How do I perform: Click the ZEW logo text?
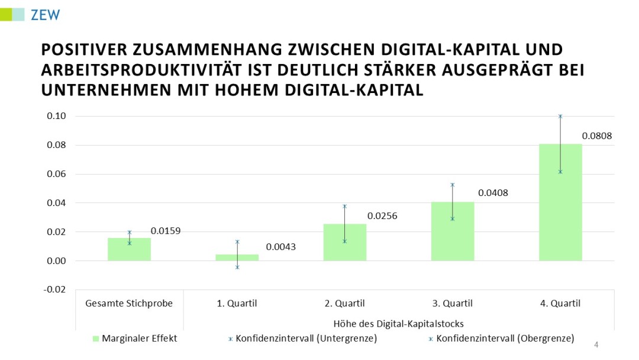tap(46, 15)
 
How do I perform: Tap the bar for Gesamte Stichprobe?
tap(129, 249)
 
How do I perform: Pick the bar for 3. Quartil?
tap(452, 232)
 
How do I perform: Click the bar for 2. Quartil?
tap(344, 242)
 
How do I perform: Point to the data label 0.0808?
tap(596, 136)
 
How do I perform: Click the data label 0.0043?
tap(280, 247)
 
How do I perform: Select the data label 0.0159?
tap(166, 230)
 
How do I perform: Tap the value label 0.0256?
tap(382, 216)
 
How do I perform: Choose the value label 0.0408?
tap(493, 192)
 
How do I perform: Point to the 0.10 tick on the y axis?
tap(56, 116)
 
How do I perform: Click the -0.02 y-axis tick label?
tap(55, 290)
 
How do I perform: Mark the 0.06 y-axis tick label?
tap(56, 174)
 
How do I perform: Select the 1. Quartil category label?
tap(237, 304)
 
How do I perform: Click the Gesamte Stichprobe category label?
tap(129, 304)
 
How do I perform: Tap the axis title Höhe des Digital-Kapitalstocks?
tap(398, 323)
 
